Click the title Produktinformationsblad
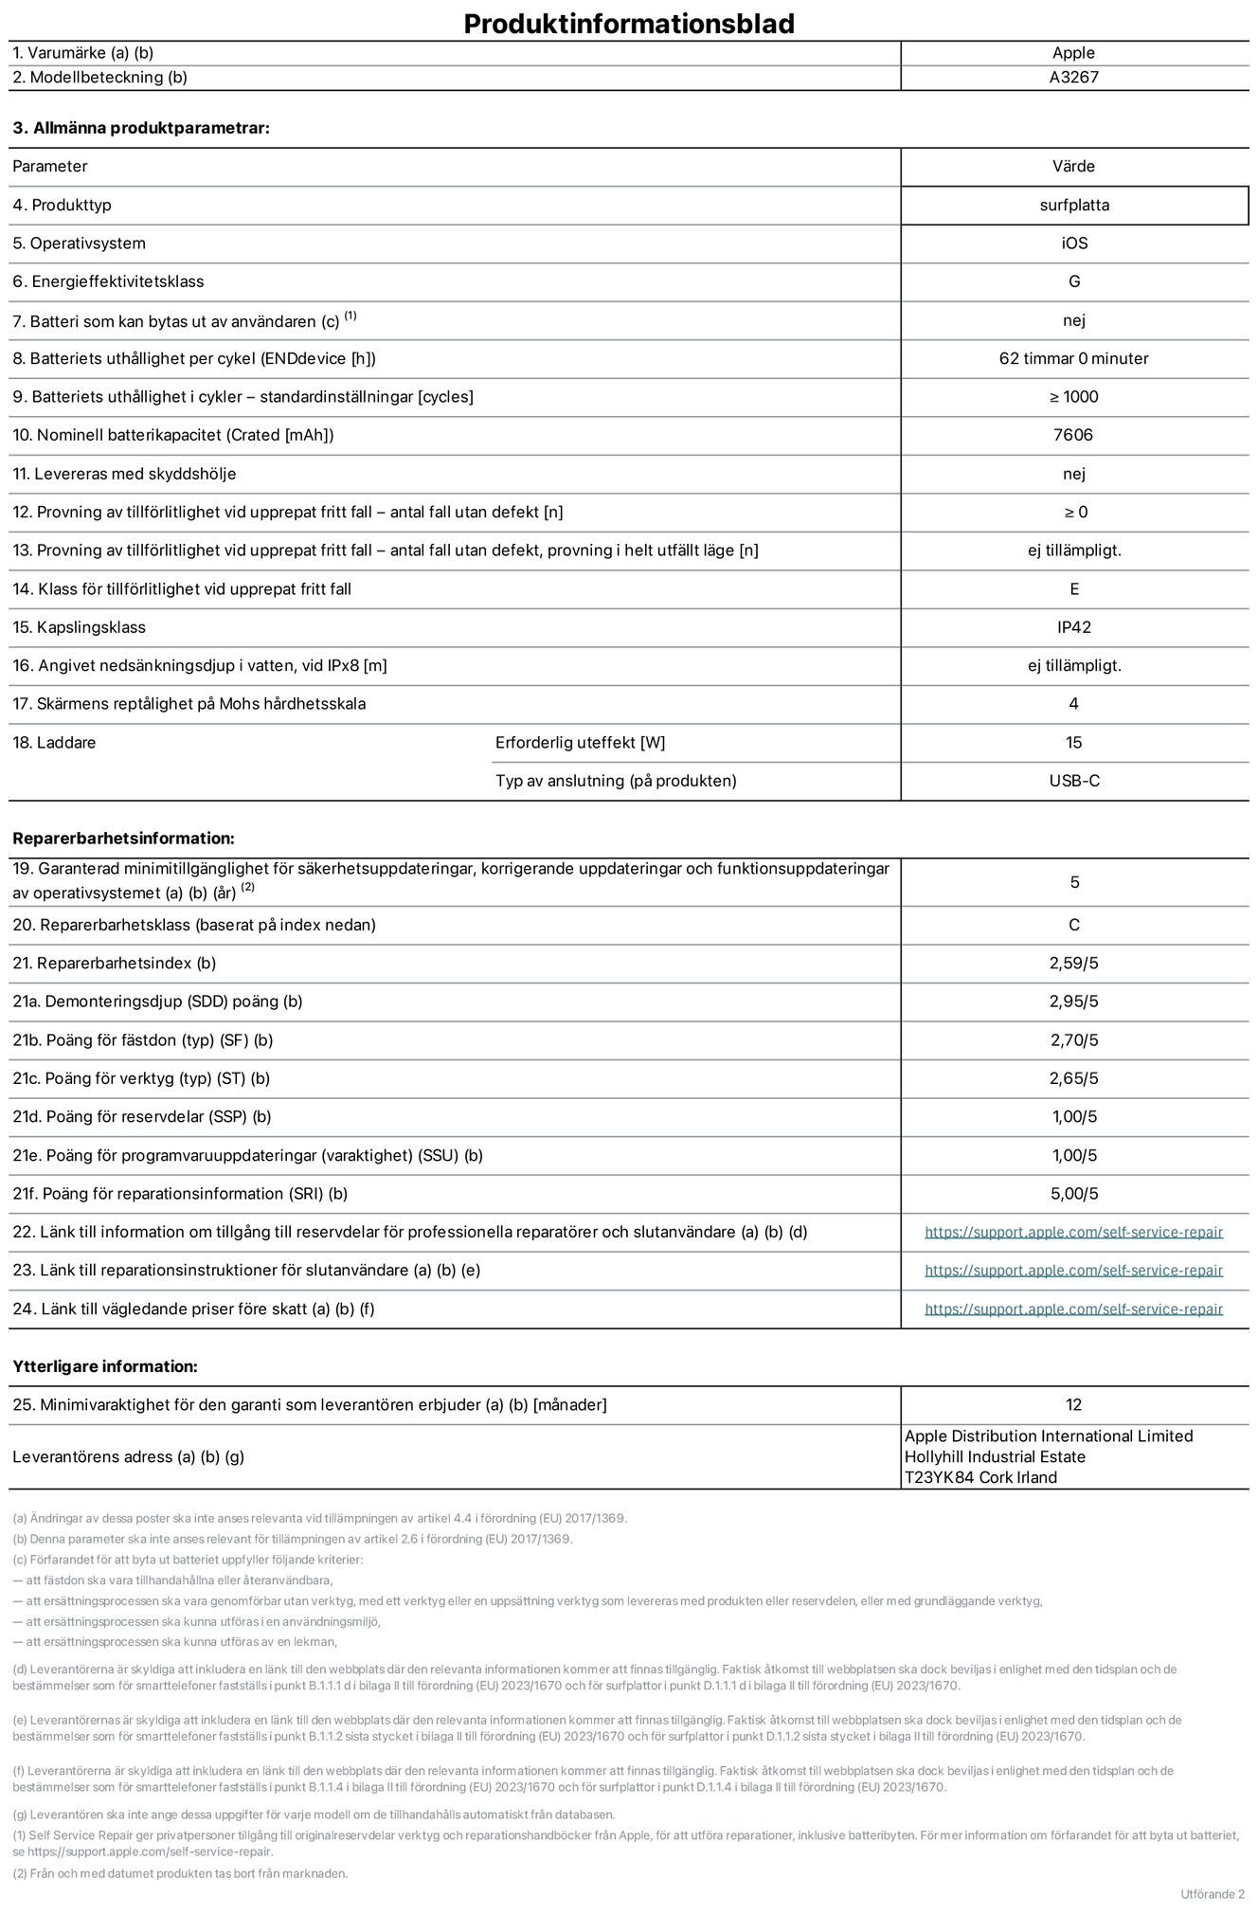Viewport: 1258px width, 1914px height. (628, 24)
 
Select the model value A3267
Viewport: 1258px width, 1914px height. (1073, 78)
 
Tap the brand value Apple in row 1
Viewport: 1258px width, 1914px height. (1073, 53)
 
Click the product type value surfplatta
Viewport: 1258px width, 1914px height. (1073, 205)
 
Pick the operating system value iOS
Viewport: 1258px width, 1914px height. (1073, 244)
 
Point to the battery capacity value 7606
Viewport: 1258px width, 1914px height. (1073, 435)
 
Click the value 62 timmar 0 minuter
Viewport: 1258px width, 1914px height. (1073, 358)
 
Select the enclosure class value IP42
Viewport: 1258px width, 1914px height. (1073, 627)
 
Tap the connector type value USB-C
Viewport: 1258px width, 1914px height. (1073, 781)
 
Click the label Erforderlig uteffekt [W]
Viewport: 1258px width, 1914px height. (580, 743)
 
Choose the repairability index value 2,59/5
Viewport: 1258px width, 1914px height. (1073, 963)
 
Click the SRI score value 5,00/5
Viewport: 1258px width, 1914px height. (1073, 1194)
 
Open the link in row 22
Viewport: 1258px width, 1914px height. (1073, 1232)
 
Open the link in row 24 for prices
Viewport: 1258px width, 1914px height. (1073, 1309)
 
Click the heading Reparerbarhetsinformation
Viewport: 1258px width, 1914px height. (123, 839)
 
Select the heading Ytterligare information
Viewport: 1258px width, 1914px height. (105, 1366)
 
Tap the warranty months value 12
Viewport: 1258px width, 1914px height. (1073, 1404)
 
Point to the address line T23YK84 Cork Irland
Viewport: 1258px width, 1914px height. (980, 1477)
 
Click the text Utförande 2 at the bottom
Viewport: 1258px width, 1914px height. (1213, 1893)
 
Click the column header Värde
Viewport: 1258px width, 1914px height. (1073, 166)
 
